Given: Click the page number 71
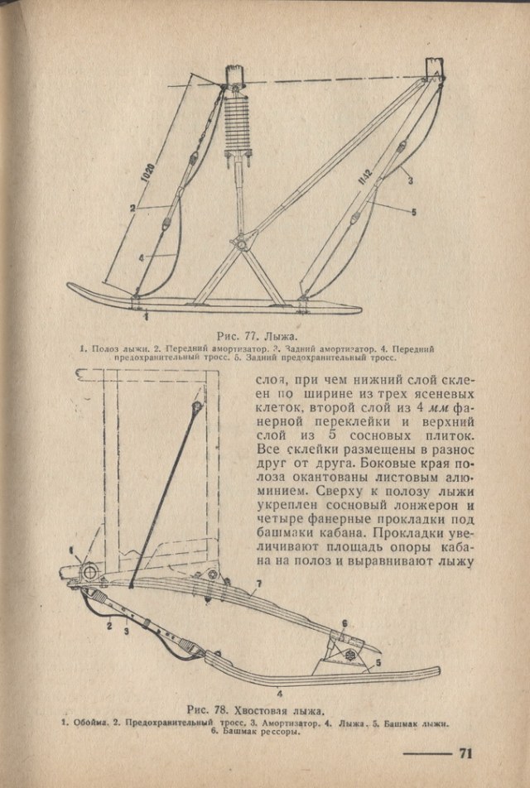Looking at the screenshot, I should click(x=465, y=753).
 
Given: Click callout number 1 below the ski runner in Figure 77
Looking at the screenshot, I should click(x=147, y=316).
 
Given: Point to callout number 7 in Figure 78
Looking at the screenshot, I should click(x=258, y=584).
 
